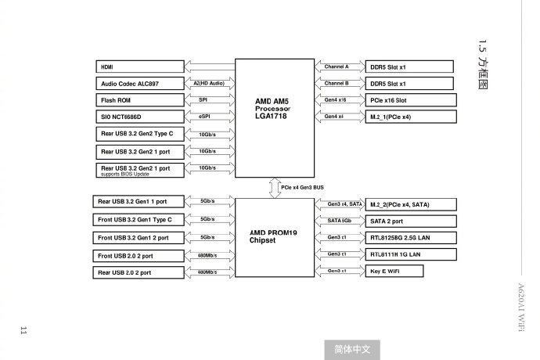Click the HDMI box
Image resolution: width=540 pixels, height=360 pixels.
pos(140,67)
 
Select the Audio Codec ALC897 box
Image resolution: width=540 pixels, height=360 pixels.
pos(140,84)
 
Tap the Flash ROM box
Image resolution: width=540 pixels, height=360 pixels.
pos(140,100)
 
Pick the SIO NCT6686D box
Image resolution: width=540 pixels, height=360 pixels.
pos(140,117)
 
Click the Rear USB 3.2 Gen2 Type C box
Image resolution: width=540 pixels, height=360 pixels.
pos(140,134)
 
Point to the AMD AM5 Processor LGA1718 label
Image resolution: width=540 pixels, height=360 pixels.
pos(272,109)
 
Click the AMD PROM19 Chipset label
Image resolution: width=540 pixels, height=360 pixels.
pos(273,236)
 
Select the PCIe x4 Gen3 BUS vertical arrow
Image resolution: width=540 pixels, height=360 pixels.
pos(275,188)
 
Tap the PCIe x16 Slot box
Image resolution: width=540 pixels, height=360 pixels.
pos(411,100)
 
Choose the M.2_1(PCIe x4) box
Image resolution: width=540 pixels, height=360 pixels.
pos(411,117)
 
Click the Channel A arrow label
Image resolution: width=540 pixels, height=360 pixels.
pos(337,67)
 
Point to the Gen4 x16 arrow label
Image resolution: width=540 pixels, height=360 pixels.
pos(335,99)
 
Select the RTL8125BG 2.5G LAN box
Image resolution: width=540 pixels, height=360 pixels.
pos(411,238)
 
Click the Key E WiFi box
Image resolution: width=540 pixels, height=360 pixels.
pos(394,271)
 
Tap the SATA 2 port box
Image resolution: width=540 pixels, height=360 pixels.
pos(411,221)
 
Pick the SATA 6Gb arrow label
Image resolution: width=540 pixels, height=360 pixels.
pos(339,221)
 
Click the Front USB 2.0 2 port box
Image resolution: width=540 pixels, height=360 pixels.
pos(139,256)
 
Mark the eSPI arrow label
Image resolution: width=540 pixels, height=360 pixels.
pos(204,117)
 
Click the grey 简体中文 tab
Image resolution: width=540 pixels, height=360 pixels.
pos(352,350)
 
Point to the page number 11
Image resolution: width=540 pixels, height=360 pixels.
pos(23,330)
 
